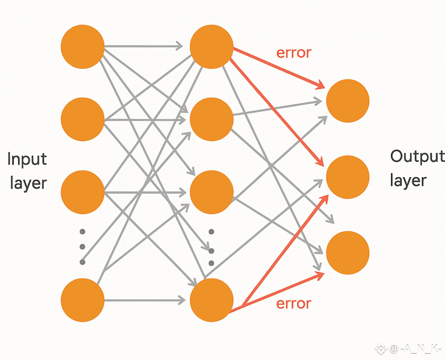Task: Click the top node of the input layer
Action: pos(82,47)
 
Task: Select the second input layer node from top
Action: pos(82,119)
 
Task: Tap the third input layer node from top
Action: pos(82,192)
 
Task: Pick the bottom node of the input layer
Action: pos(82,300)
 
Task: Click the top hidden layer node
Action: pos(212,47)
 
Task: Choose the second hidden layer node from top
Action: pos(212,119)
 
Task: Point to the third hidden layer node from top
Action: pos(212,192)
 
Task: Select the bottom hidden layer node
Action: pos(212,300)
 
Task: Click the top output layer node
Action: pos(348,101)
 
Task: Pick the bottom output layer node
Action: pos(348,252)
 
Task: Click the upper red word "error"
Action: pos(294,53)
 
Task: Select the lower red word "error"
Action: pos(294,304)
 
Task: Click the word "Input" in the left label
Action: pos(27,159)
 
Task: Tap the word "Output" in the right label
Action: pos(417,157)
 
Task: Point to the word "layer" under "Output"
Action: pos(408,180)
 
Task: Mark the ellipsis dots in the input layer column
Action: pos(82,246)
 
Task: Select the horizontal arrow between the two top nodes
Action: pos(143,46)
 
